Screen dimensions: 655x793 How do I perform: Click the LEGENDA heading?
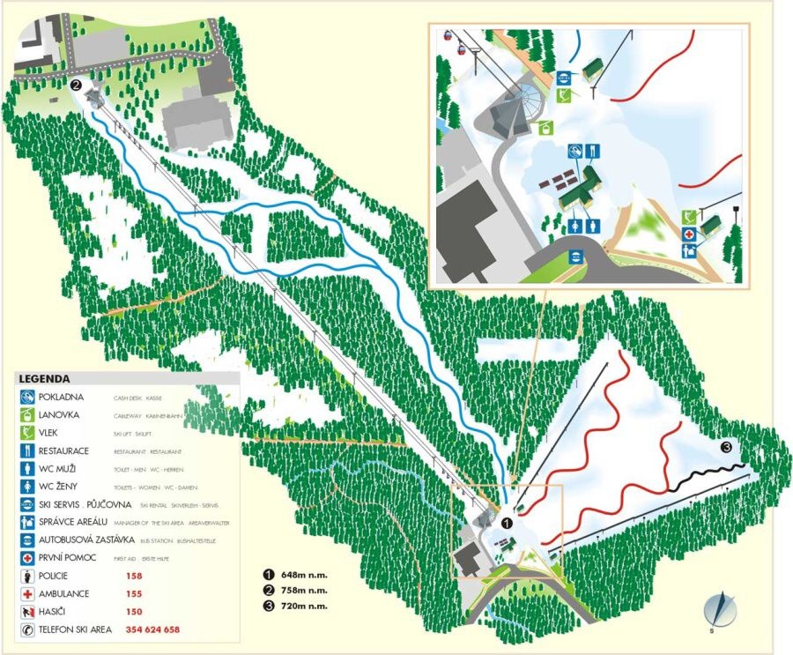pyautogui.click(x=44, y=378)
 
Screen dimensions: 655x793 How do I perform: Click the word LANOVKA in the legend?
pyautogui.click(x=60, y=414)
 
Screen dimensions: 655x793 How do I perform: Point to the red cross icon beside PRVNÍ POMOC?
pyautogui.click(x=26, y=557)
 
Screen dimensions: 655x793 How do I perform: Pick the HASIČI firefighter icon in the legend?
pyautogui.click(x=26, y=611)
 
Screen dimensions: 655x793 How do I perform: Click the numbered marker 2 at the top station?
pyautogui.click(x=76, y=86)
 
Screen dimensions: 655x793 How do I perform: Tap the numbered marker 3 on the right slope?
pyautogui.click(x=726, y=447)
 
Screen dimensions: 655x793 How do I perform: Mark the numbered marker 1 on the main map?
pyautogui.click(x=507, y=522)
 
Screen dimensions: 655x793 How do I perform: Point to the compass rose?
pyautogui.click(x=721, y=608)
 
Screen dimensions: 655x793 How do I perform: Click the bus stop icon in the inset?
pyautogui.click(x=574, y=257)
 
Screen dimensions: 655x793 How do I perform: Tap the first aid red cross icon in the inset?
pyautogui.click(x=689, y=234)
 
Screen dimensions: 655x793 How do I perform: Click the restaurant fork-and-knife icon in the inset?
pyautogui.click(x=593, y=151)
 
